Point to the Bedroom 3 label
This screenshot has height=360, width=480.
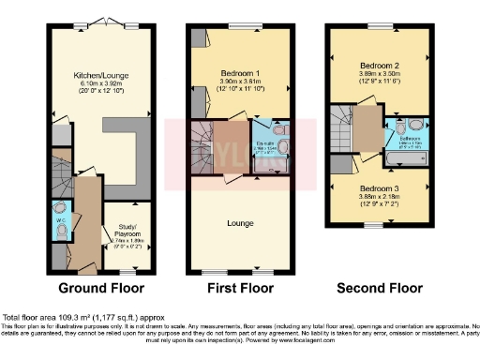click(x=380, y=187)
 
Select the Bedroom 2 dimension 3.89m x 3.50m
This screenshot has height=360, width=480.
click(x=380, y=75)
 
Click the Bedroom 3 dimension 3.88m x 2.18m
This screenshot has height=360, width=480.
click(x=380, y=197)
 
